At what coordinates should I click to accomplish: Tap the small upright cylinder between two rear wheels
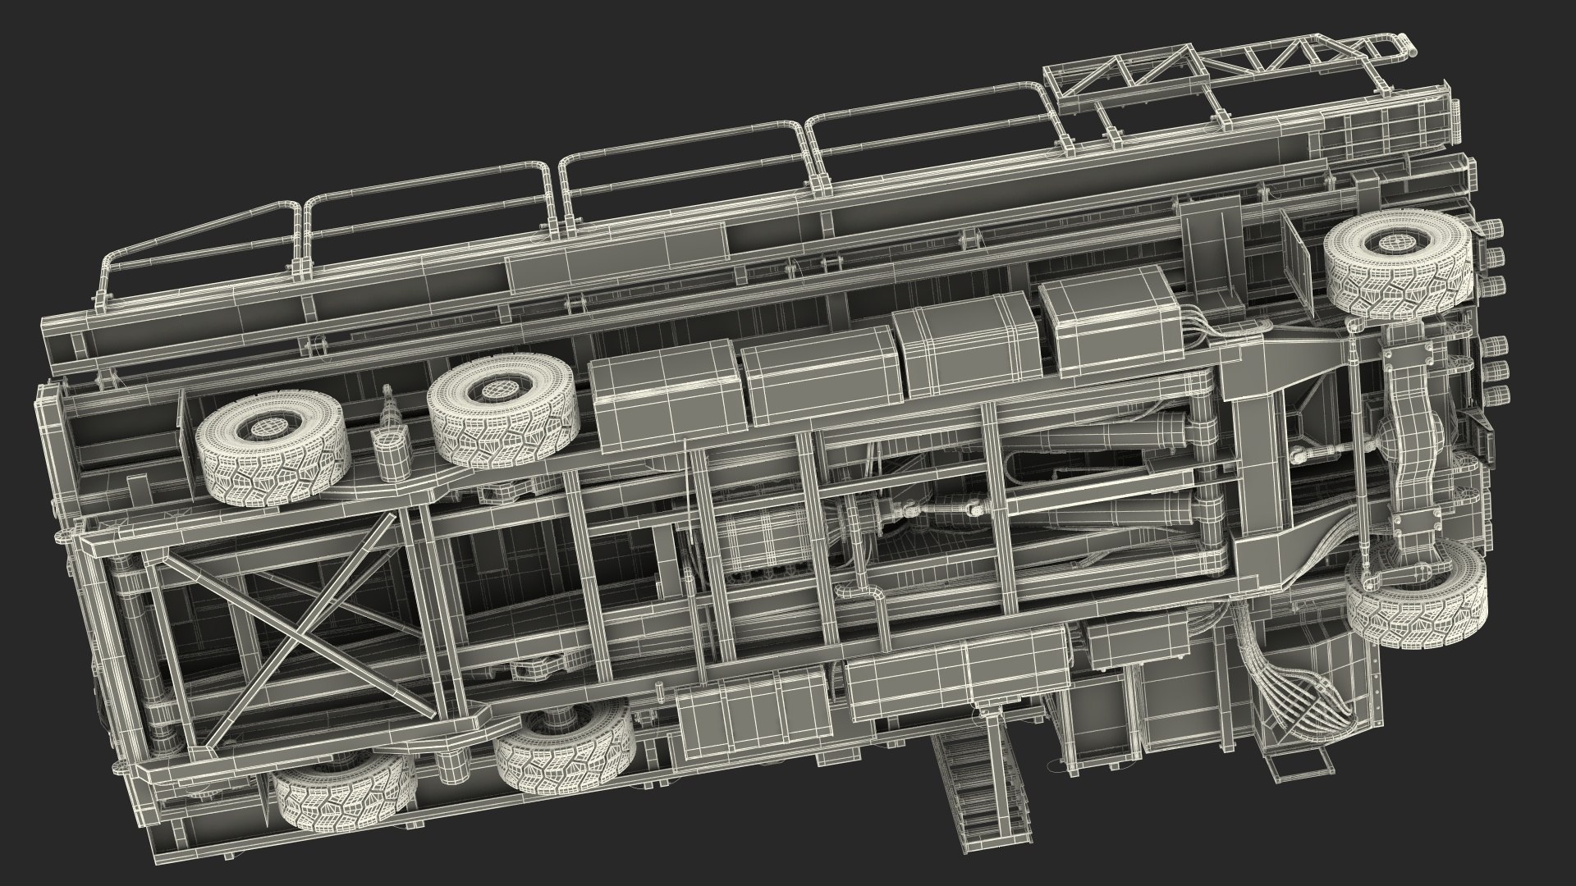click(x=390, y=448)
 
